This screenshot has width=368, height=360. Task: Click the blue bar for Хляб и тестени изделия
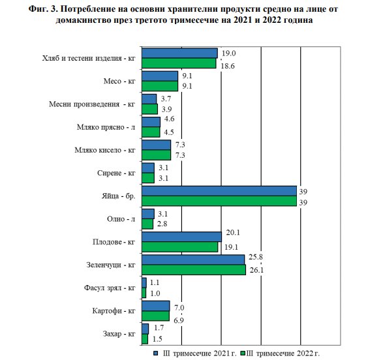[179, 53]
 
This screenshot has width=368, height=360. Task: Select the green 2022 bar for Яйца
[219, 201]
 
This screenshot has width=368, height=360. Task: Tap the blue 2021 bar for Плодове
[181, 237]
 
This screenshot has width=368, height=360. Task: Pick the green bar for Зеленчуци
[194, 270]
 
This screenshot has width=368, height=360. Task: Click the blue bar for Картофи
[155, 306]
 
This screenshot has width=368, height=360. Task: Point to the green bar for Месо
[160, 86]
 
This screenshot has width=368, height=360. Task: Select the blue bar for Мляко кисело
[156, 145]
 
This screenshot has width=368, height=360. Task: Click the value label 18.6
[228, 66]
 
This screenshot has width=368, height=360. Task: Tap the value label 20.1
[233, 232]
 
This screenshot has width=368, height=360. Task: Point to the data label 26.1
[256, 270]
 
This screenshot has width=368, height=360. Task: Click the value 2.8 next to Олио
[162, 224]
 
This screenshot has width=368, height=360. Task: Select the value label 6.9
[179, 320]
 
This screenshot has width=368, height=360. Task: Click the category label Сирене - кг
[116, 173]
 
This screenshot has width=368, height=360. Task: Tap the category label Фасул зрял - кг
[110, 288]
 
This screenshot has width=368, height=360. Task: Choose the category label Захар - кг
[119, 333]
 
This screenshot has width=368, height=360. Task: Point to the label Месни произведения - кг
[92, 104]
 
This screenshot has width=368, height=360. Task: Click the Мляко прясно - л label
[106, 127]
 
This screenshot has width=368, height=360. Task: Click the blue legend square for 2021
[155, 353]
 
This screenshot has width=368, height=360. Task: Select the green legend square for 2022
[243, 353]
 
